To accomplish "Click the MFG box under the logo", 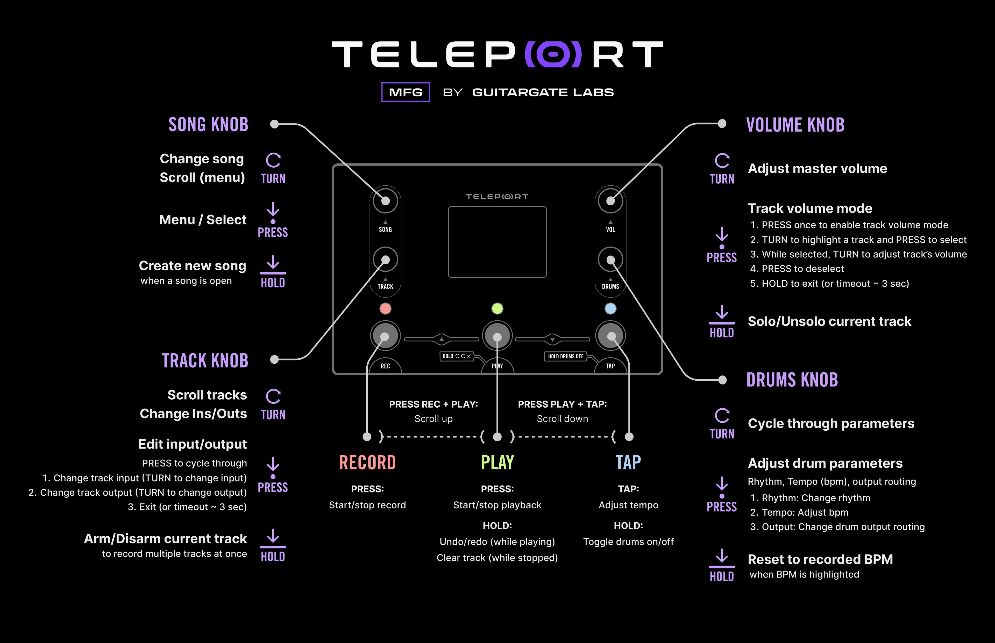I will pos(405,92).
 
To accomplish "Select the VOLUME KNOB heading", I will pos(795,125).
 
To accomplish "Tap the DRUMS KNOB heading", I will pos(792,380).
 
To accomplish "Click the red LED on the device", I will pos(385,309).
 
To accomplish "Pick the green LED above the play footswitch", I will pos(497,309).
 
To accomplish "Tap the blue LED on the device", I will pos(610,309).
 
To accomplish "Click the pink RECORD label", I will pos(367,463).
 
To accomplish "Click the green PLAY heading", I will pos(497,463).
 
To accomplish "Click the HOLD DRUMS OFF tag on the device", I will pos(566,356).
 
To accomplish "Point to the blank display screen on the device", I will pos(497,242).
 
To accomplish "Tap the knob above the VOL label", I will pos(610,201).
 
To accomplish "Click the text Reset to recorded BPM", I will pos(820,559).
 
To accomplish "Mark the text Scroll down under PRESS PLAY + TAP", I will pos(562,419).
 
